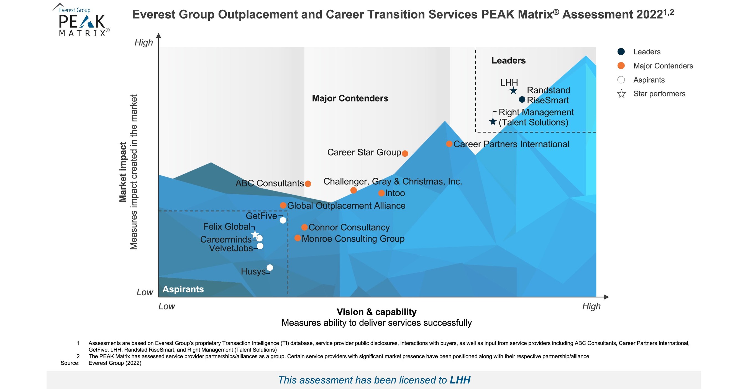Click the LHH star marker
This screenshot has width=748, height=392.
(513, 91)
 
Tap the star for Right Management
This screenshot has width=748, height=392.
(493, 121)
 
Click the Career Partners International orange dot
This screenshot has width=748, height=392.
(449, 144)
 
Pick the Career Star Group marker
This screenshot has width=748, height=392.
(405, 153)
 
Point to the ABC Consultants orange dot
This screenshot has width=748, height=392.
(308, 184)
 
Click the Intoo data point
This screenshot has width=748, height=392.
(381, 193)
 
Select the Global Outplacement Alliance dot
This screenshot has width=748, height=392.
(283, 205)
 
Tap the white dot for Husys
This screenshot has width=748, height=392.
(270, 267)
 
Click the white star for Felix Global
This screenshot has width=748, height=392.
(255, 234)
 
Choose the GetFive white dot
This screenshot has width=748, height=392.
(283, 220)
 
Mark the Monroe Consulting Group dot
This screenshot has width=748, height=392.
(298, 238)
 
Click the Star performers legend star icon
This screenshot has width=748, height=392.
(621, 94)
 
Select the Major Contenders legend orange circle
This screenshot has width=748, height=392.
(621, 66)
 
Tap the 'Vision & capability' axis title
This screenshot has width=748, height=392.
(376, 312)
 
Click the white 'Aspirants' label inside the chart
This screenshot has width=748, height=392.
(183, 289)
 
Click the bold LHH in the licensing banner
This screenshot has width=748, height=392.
(460, 380)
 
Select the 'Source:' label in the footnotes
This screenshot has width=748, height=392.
(70, 363)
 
